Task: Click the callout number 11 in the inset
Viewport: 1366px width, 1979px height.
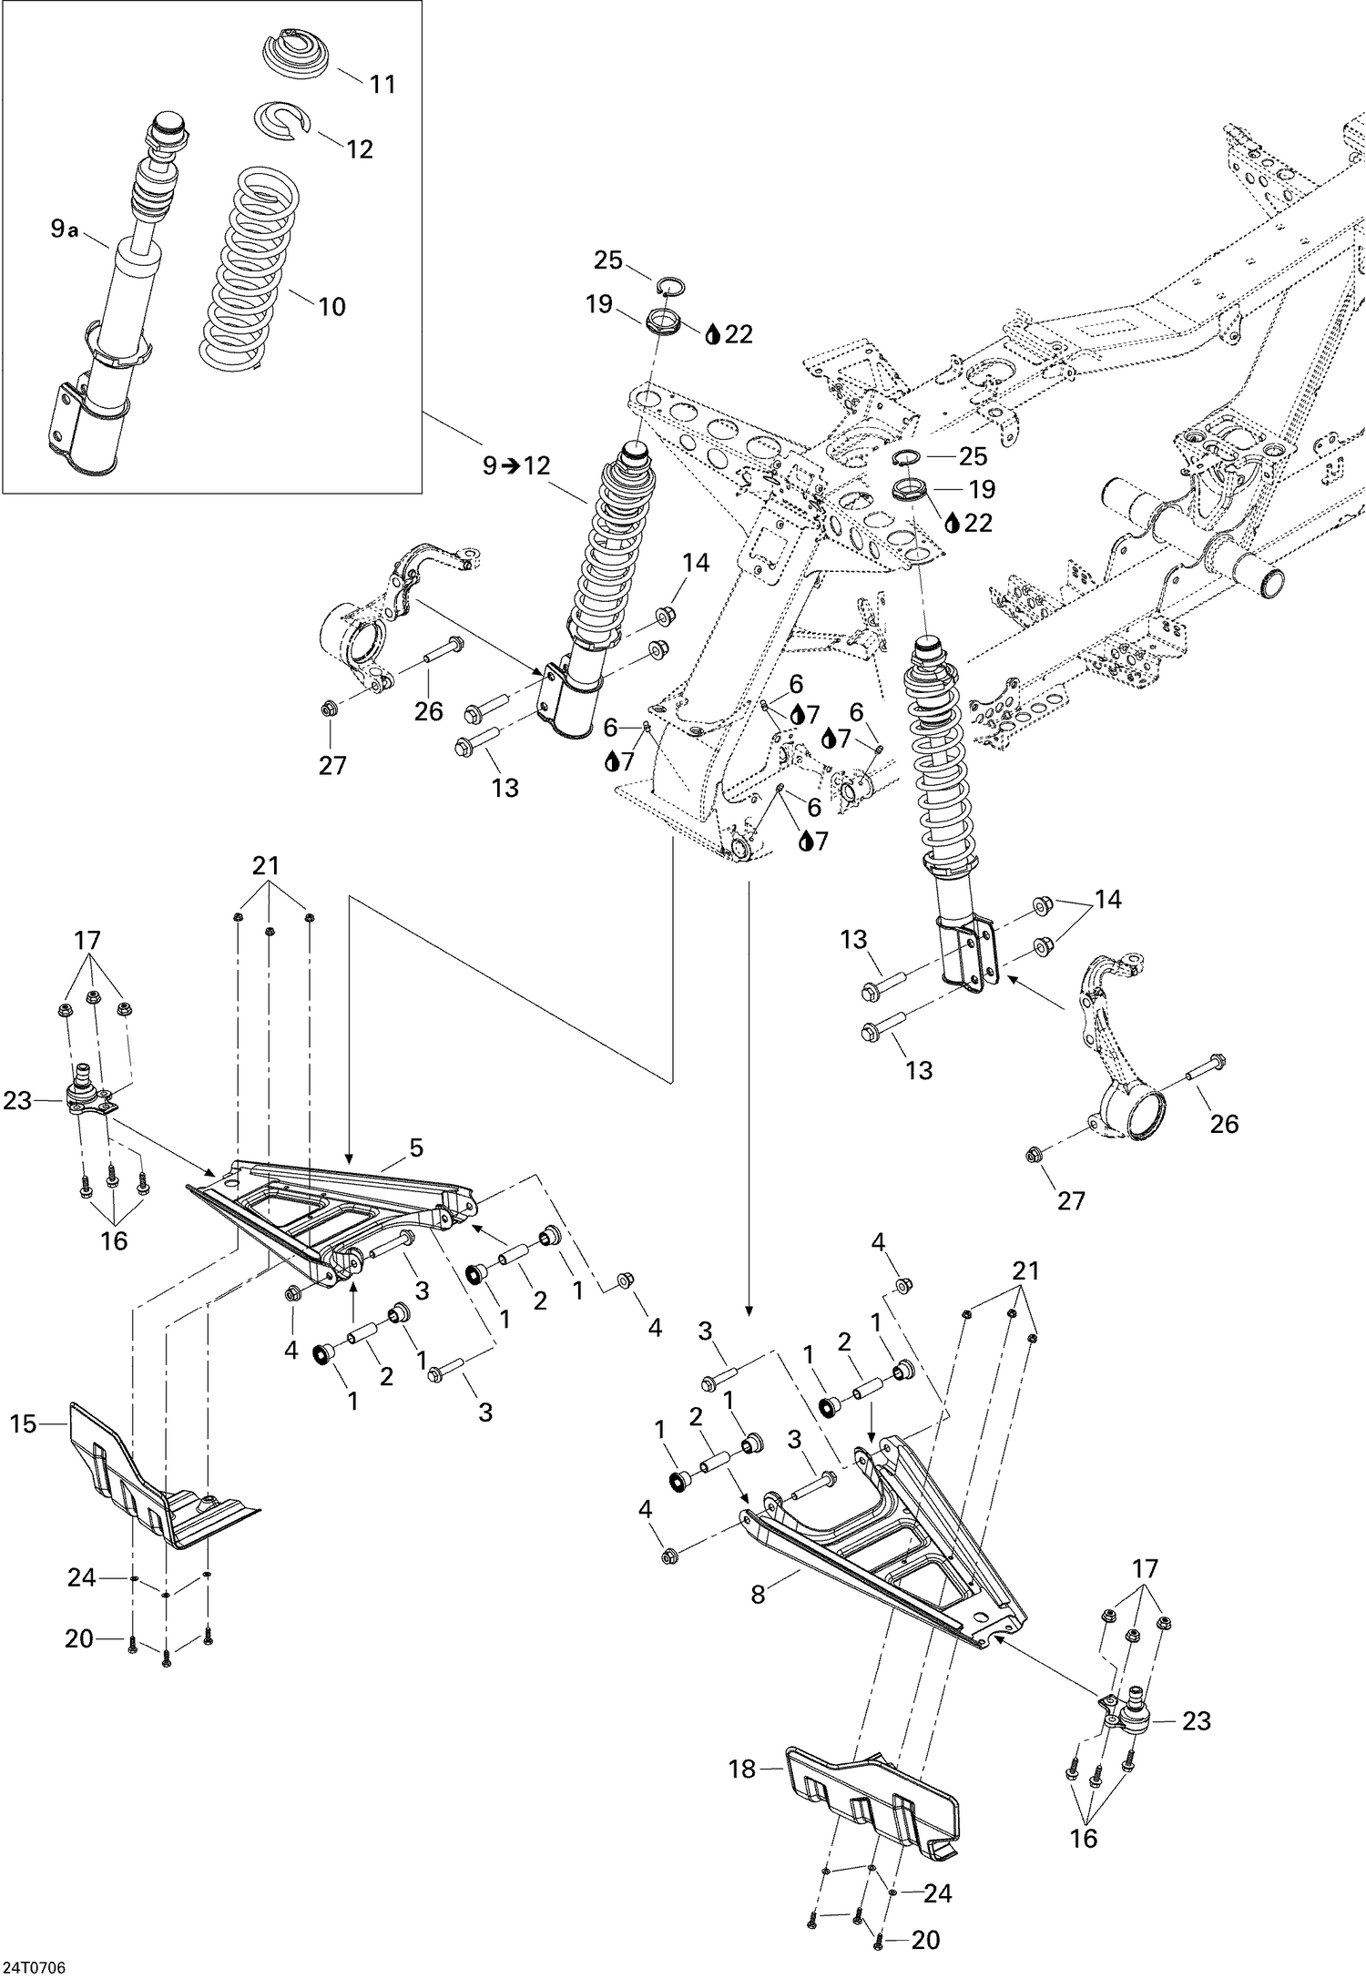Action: click(382, 84)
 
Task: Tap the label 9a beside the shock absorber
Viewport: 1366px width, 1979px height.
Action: click(64, 230)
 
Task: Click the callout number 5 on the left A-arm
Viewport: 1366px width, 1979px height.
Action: click(416, 1148)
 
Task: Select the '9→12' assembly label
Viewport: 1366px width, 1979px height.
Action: click(516, 465)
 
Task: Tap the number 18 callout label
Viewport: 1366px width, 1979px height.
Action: click(743, 1769)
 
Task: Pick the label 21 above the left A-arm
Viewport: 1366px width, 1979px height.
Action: click(266, 865)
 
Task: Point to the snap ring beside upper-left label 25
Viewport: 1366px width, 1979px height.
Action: click(671, 286)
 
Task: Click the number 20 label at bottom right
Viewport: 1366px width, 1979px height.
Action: click(925, 1940)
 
